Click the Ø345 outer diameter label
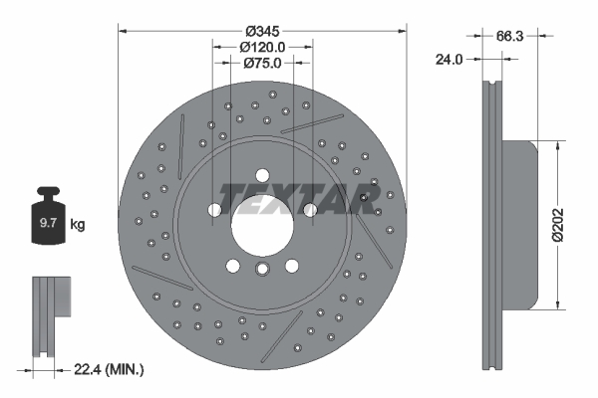[x=263, y=29]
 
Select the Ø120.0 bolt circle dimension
[x=263, y=46]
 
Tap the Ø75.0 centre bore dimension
[x=263, y=62]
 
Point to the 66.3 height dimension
[x=509, y=35]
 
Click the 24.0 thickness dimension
[x=451, y=59]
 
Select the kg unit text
[x=78, y=226]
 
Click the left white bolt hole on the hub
[x=215, y=209]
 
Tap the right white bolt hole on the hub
[x=311, y=209]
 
